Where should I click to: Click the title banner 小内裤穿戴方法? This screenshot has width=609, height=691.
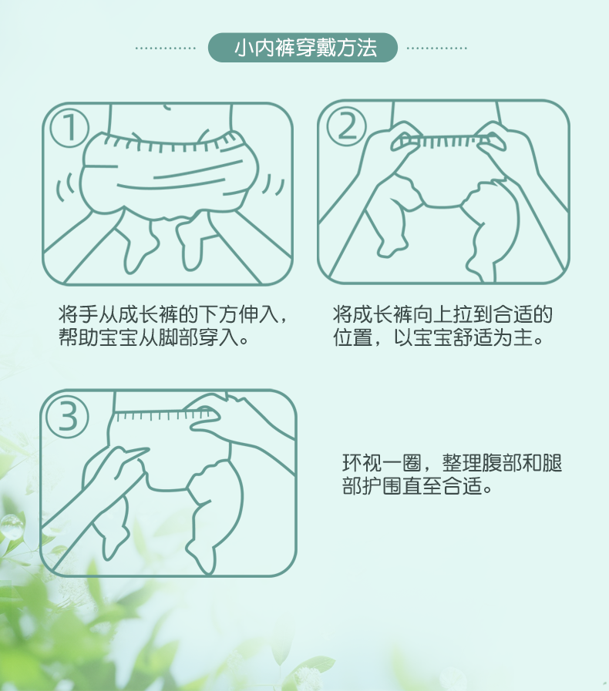coord(302,48)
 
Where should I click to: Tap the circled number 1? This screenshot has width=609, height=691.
coord(69,128)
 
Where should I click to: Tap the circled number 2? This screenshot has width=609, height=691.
coord(346,126)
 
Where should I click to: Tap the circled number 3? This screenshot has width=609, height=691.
coord(68,418)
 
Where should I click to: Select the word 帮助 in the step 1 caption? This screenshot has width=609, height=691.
coord(79,337)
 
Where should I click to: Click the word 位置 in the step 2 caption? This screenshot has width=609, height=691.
coord(353,337)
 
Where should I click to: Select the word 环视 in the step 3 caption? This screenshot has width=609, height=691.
coord(362,463)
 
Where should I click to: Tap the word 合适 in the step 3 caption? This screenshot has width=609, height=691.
coord(462,486)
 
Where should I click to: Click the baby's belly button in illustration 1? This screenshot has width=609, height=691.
coord(167,107)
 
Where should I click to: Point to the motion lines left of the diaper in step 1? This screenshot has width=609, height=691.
coord(65,187)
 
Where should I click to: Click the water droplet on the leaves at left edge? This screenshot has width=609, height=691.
coord(12,527)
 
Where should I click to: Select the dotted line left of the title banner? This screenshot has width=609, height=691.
coord(166,48)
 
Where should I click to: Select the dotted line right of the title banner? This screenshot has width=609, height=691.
coord(436,48)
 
